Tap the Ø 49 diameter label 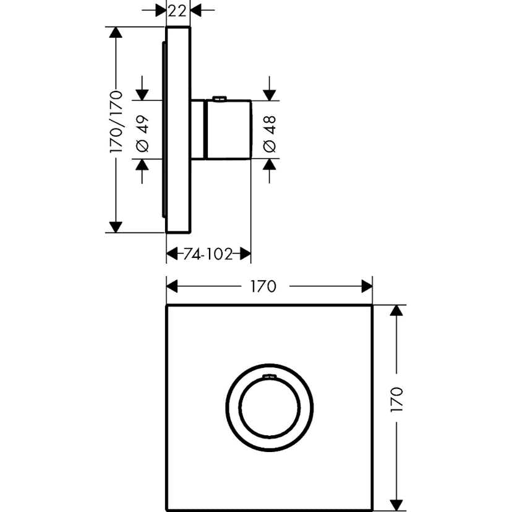142,130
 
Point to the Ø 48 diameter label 270,130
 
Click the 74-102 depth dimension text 208,254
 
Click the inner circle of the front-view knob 270,409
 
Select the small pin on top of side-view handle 218,98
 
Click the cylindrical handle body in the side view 228,129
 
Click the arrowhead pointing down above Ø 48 270,93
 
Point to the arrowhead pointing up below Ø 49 142,166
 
